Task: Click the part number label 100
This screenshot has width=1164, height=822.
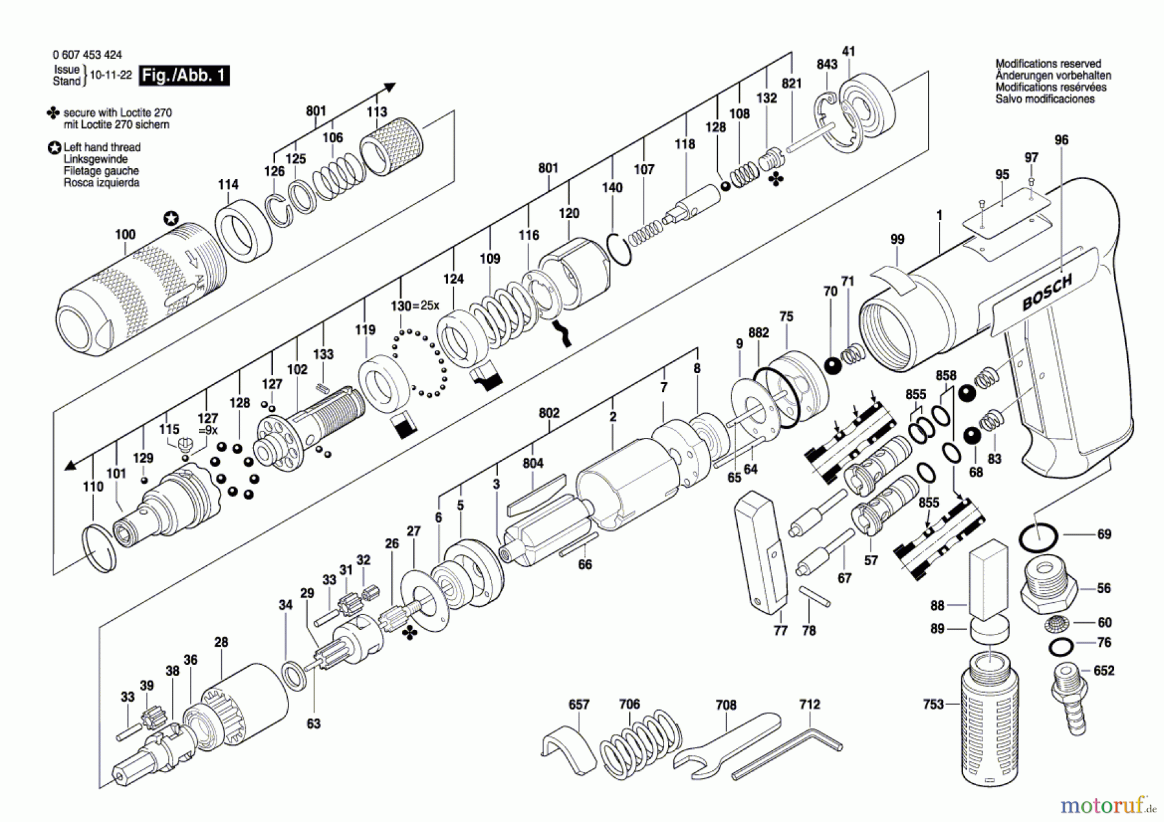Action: pos(125,234)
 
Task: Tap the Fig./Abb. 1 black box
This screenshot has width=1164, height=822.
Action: pos(185,76)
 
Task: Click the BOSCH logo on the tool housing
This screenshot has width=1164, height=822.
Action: pos(1047,293)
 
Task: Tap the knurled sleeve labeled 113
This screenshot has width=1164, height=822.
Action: pos(391,146)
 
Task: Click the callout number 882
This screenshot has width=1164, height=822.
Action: pos(759,332)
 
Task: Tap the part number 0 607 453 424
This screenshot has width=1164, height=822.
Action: pos(87,55)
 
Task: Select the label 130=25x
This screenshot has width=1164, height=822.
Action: pos(415,305)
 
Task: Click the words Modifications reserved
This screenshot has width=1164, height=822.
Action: pos(1048,63)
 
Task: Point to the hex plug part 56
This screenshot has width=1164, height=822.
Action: pos(1048,589)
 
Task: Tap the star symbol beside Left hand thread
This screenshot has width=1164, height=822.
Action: pos(54,147)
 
